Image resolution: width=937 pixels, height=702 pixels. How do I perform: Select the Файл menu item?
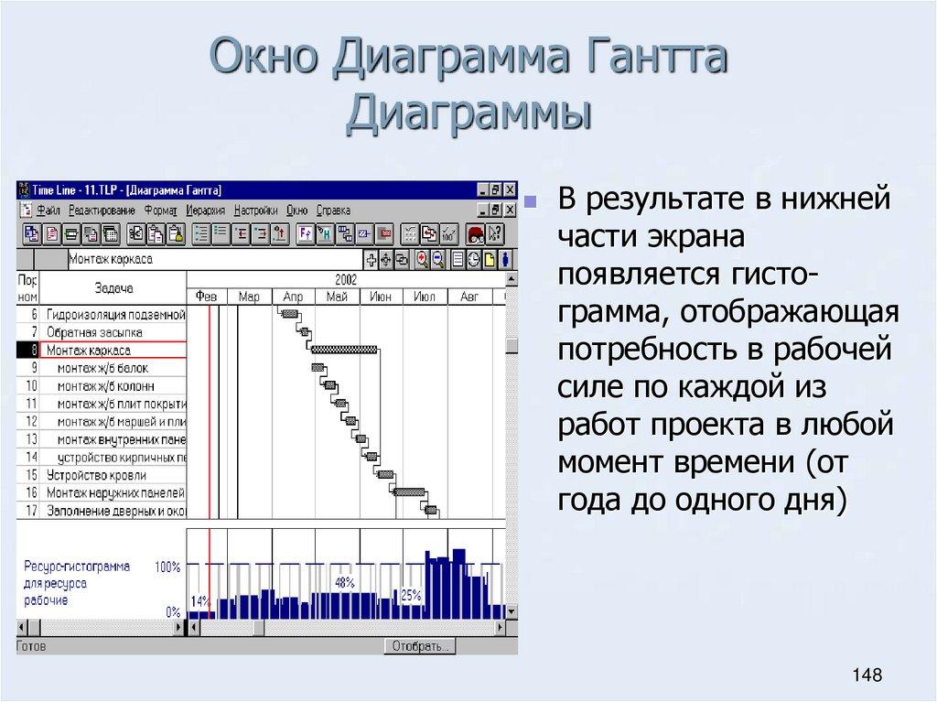pyautogui.click(x=48, y=210)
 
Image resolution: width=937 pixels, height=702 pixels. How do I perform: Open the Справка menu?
pyautogui.click(x=333, y=210)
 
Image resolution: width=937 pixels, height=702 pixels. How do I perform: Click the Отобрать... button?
pyautogui.click(x=420, y=646)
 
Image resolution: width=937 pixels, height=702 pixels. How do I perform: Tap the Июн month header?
pyautogui.click(x=381, y=297)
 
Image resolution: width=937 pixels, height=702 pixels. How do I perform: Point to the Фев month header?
pyautogui.click(x=207, y=297)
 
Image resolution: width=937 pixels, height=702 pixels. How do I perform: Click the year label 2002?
pyautogui.click(x=345, y=279)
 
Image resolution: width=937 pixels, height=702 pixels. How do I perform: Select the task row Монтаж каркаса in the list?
pyautogui.click(x=89, y=350)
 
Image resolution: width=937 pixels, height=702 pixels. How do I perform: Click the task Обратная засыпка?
pyautogui.click(x=94, y=331)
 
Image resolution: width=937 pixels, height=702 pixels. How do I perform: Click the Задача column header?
pyautogui.click(x=113, y=287)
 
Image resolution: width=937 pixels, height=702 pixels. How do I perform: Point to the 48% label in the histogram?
pyautogui.click(x=345, y=582)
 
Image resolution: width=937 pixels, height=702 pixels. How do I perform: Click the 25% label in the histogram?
pyautogui.click(x=411, y=595)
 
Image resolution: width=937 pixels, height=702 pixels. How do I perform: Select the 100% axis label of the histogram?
pyautogui.click(x=167, y=567)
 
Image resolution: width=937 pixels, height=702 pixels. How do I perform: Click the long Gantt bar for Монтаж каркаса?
pyautogui.click(x=344, y=350)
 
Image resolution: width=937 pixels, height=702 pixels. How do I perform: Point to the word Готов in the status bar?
pyautogui.click(x=32, y=646)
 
